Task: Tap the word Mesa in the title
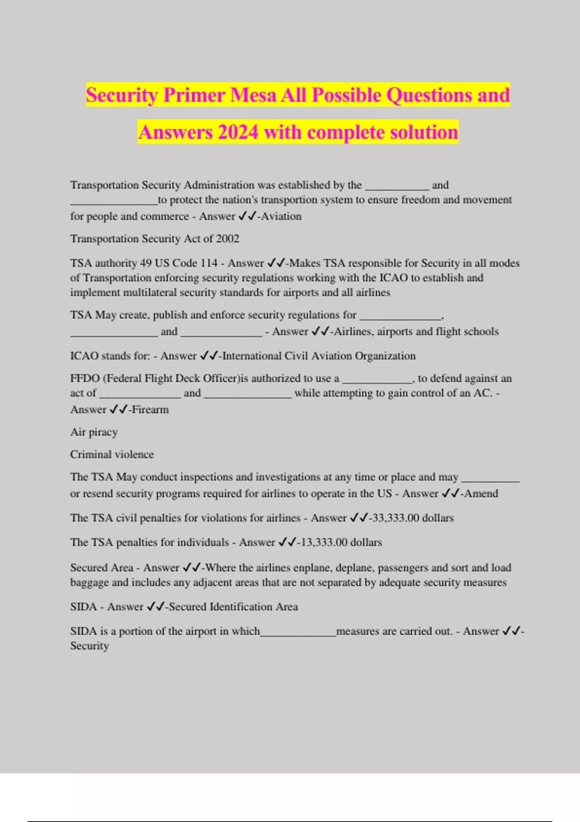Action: click(x=253, y=95)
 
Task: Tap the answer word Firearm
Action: click(x=150, y=410)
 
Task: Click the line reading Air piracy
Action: click(x=94, y=432)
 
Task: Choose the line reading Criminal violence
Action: click(x=112, y=455)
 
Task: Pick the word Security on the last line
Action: click(x=89, y=646)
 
